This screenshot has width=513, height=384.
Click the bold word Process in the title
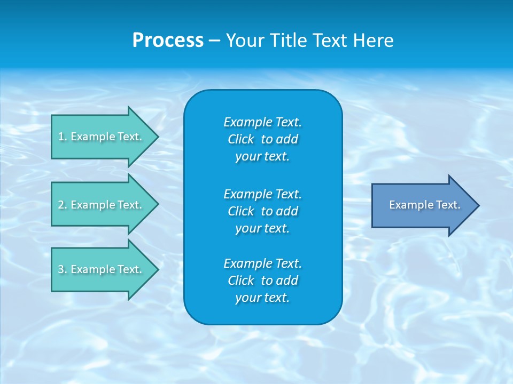(168, 41)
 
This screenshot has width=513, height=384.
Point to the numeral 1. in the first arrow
(63, 137)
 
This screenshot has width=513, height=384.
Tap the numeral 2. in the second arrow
(63, 205)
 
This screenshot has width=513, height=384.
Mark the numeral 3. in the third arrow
(63, 269)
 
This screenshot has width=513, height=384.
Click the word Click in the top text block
(241, 139)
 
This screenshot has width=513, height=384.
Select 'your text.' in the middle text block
(262, 228)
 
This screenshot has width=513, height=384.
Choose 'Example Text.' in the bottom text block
(262, 263)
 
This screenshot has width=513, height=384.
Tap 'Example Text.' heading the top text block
(262, 122)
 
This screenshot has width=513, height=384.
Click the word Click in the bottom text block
(241, 281)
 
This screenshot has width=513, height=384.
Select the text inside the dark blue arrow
(424, 205)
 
